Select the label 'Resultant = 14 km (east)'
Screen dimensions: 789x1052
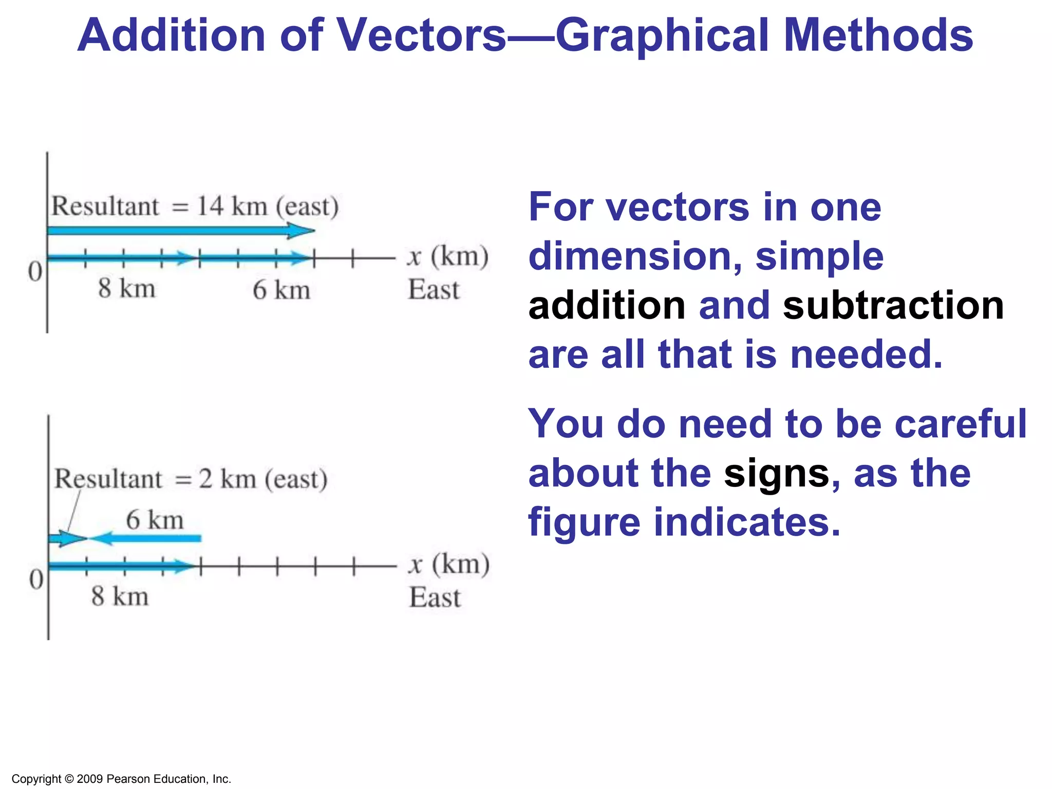pos(195,206)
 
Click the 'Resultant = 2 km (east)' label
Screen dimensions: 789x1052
pos(191,479)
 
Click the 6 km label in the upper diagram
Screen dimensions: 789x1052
pos(281,290)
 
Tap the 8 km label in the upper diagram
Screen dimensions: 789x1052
pos(127,288)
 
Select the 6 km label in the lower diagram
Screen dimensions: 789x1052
pos(155,519)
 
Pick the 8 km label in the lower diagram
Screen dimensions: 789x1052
pos(120,596)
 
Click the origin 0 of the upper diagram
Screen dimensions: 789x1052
pos(35,271)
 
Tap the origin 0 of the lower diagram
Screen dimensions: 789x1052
pos(36,579)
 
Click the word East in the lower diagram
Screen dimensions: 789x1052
pos(435,597)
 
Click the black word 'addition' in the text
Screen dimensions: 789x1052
pos(607,305)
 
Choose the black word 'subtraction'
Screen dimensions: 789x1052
pos(893,305)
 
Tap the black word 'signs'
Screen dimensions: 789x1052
pos(776,473)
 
